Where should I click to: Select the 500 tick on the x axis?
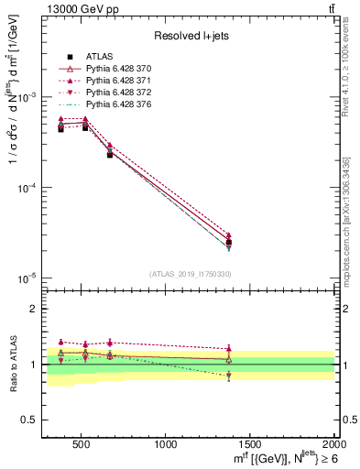[x=80, y=445]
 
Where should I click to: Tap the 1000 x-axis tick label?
[x=165, y=445]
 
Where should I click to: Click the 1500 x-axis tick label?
[x=250, y=445]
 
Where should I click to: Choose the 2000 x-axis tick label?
[x=333, y=445]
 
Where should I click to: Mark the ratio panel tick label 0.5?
[x=28, y=420]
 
